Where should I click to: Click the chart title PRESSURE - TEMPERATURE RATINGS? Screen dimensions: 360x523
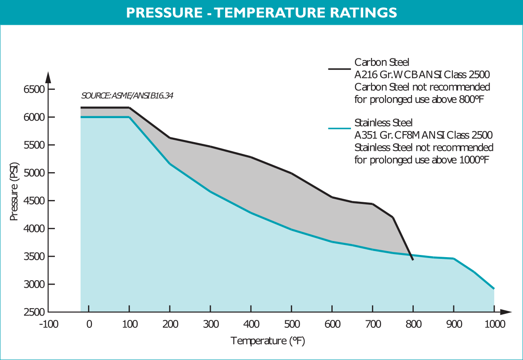pos(261,12)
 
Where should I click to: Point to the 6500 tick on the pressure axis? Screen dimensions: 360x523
pos(33,89)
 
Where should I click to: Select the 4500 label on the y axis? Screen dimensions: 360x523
pos(33,201)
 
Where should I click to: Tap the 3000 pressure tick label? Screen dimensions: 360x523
pos(33,284)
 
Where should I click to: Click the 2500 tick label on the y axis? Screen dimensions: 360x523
pos(33,312)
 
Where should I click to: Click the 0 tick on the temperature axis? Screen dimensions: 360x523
pos(89,325)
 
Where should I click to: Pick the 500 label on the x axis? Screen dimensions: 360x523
pos(291,325)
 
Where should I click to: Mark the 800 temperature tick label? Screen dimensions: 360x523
pos(413,325)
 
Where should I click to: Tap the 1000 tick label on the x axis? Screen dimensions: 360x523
pos(494,325)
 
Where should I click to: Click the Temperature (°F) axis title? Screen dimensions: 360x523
pos(267,341)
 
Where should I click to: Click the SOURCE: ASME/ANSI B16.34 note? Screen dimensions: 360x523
pos(127,96)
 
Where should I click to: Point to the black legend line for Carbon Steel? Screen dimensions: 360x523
pos(339,68)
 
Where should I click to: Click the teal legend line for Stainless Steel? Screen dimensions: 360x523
pos(339,129)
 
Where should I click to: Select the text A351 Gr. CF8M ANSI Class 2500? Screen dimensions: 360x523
pos(423,135)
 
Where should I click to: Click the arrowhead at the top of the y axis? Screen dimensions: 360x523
pos(48,77)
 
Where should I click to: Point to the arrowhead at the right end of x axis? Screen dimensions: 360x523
pos(505,312)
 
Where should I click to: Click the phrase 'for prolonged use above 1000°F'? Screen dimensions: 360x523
pos(422,160)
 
